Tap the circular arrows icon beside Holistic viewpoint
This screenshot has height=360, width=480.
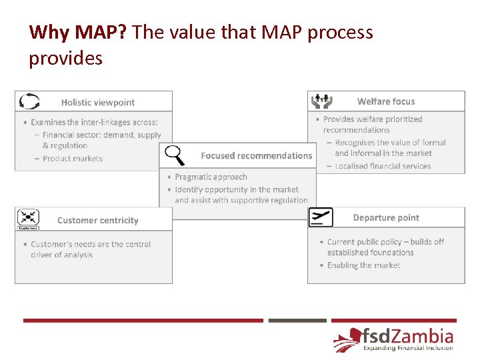[x=29, y=101]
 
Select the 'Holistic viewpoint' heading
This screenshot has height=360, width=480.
[x=98, y=103]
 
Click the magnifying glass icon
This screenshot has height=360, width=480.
[x=175, y=155]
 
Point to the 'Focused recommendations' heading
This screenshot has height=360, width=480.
[x=256, y=156]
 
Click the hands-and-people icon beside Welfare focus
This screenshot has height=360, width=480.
[x=322, y=101]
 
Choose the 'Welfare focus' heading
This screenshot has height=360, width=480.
[x=385, y=102]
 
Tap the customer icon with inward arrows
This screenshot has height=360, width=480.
[x=28, y=218]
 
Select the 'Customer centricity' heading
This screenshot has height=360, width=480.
[x=98, y=221]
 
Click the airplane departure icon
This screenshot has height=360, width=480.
[x=321, y=217]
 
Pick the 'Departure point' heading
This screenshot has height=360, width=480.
[x=386, y=218]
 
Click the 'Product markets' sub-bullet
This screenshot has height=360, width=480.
[x=72, y=159]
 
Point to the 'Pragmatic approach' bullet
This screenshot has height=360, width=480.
[x=211, y=177]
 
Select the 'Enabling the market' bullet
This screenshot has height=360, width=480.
[x=363, y=265]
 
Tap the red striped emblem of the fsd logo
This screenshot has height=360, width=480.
[x=347, y=340]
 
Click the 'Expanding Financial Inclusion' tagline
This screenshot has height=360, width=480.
[x=407, y=348]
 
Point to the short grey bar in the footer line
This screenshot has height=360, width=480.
[x=297, y=321]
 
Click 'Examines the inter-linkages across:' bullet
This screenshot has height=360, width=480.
[x=93, y=123]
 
